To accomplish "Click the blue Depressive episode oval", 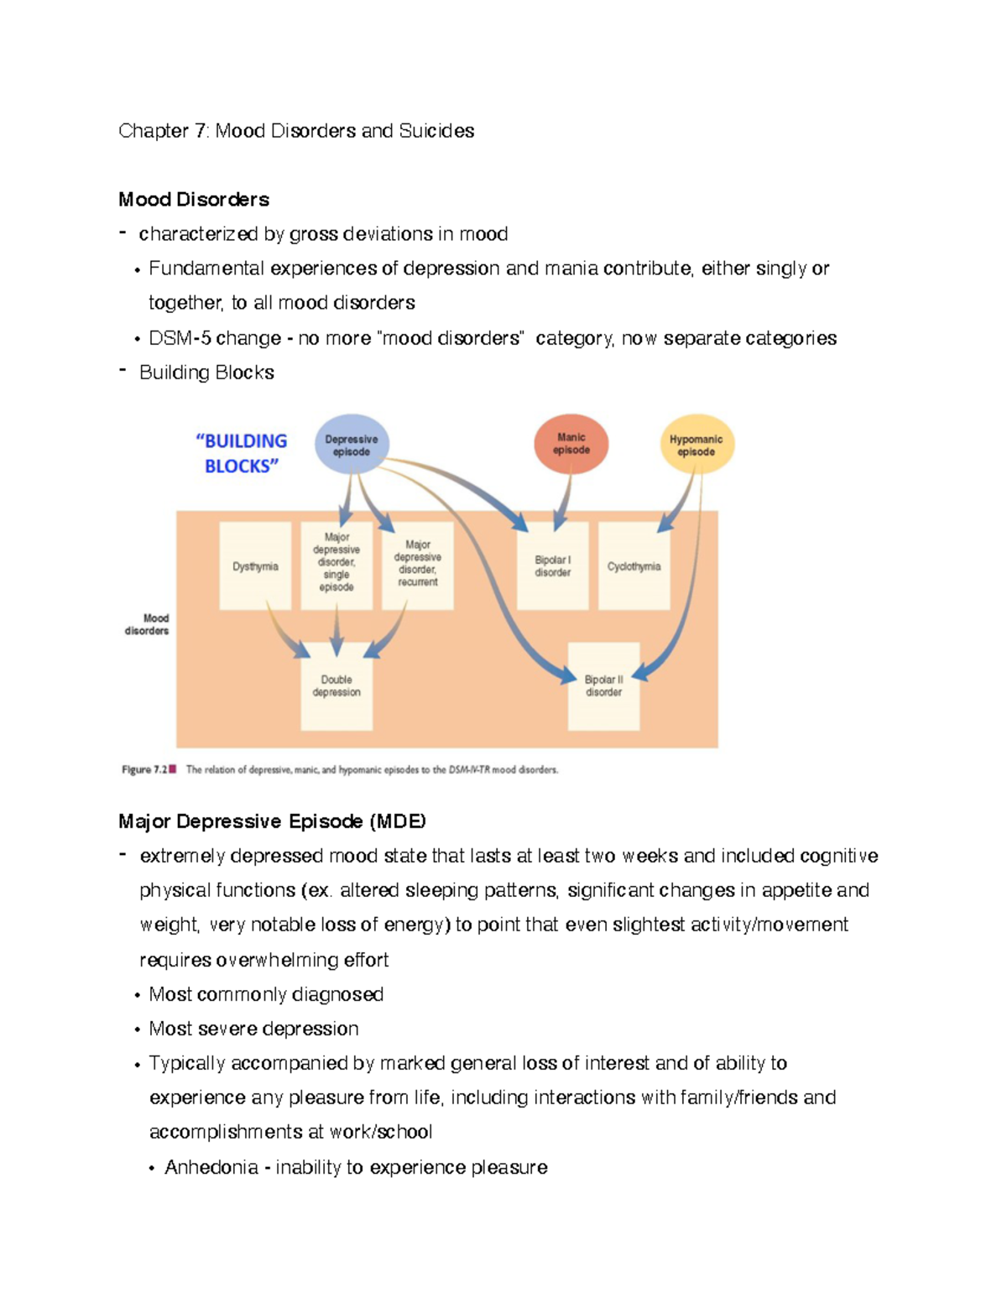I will (352, 444).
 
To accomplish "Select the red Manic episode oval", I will (571, 444).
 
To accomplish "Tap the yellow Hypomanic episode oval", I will (697, 445).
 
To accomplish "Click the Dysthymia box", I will (255, 566).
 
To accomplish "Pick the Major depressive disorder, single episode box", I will (337, 563).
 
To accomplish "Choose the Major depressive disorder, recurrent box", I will (418, 564).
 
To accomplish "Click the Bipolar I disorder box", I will (553, 566).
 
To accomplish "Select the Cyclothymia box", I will (634, 566).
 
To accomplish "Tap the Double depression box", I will (337, 685).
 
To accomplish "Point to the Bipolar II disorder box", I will (604, 685).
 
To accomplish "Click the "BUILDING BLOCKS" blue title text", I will (241, 453).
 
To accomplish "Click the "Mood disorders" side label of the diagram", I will (148, 624).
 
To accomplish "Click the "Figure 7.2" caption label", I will (144, 769).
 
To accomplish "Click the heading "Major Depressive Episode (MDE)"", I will (272, 821).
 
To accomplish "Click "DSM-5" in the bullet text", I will (180, 338).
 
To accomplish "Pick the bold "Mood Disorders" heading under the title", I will (194, 200).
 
